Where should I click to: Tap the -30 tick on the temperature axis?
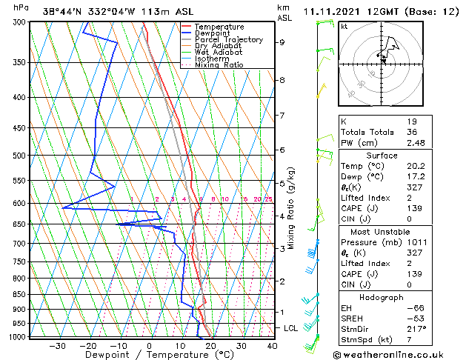tap(57, 345)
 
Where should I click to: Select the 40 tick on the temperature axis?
tap(271, 345)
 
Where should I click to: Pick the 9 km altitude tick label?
tap(282, 42)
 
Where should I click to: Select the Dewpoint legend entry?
tap(211, 33)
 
